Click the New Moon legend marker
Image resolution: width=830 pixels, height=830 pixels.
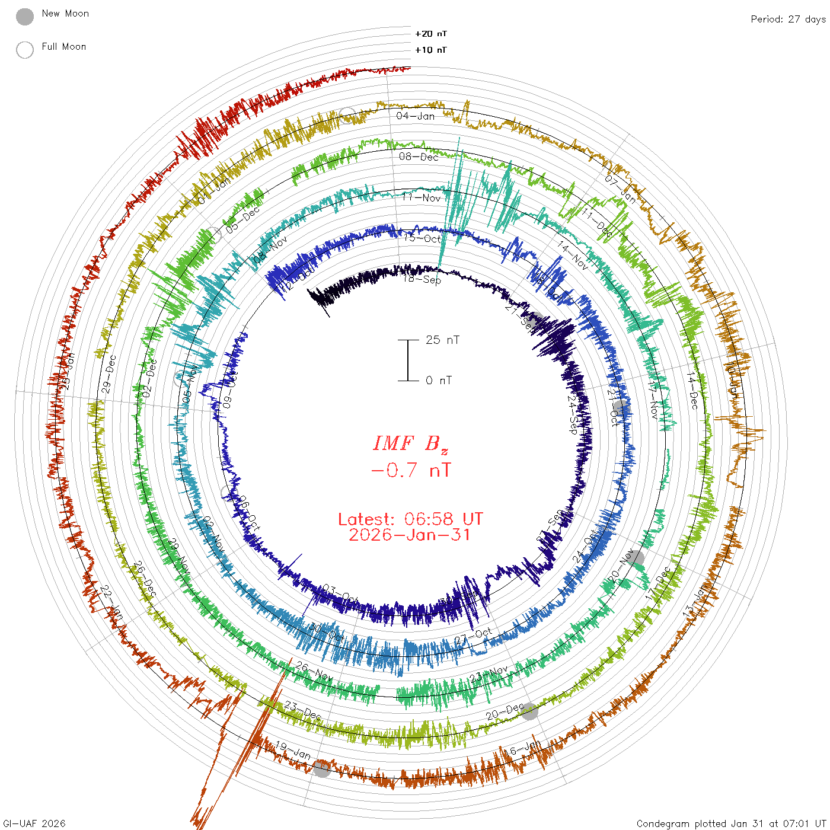[25, 17]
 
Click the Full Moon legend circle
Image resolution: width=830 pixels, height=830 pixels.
[25, 50]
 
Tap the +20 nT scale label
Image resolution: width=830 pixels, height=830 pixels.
[431, 34]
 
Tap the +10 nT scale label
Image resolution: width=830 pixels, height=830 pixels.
[431, 50]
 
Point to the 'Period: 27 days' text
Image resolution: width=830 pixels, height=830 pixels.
[788, 19]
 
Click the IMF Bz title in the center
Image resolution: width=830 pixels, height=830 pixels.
[410, 443]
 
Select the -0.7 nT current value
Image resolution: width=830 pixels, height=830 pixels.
[410, 471]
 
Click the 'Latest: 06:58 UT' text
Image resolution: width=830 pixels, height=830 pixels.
[410, 519]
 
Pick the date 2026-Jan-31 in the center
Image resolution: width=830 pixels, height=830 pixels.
[410, 535]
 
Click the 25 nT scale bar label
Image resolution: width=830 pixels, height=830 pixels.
[442, 340]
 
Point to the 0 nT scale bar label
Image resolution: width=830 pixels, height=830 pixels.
[439, 381]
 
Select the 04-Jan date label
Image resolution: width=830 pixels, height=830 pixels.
[416, 116]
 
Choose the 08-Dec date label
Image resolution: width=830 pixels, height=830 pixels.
[419, 157]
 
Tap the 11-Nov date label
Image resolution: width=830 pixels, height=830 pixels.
[422, 197]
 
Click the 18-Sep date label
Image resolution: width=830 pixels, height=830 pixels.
[422, 279]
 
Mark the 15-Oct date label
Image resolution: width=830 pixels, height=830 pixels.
[423, 238]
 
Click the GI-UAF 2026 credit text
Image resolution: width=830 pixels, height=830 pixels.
[34, 823]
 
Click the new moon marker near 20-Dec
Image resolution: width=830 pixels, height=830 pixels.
[529, 711]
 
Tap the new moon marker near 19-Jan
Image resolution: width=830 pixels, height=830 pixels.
[322, 769]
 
